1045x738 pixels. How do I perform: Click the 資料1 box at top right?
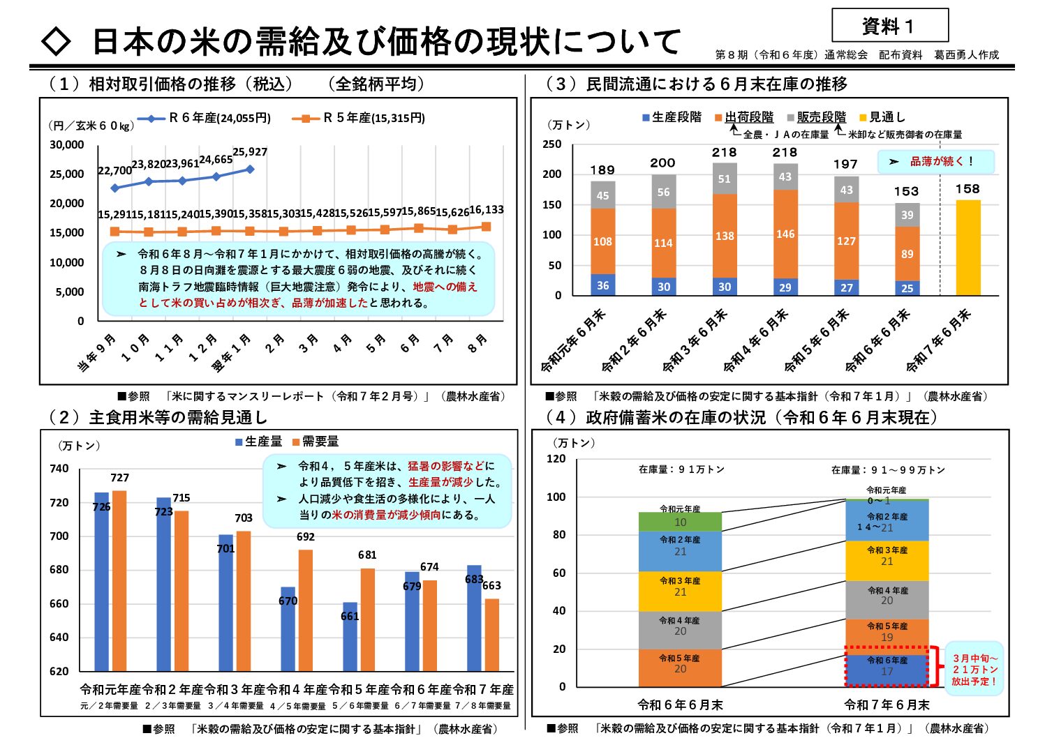pos(889,26)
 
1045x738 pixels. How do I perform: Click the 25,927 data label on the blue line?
pos(250,152)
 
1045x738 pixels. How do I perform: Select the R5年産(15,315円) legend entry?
pos(358,118)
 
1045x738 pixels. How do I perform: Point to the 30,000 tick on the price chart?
pos(67,145)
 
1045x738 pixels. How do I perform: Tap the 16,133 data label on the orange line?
pos(486,210)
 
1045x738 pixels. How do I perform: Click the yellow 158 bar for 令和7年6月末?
pos(968,248)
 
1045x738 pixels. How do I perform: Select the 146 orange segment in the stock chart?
pos(785,234)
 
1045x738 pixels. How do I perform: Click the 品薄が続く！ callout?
pos(935,162)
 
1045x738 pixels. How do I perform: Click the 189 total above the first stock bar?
pos(602,170)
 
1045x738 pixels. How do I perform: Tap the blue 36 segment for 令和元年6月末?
pos(602,285)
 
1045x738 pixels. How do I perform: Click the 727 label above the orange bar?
pos(119,478)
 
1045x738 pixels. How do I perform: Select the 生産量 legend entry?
pos(259,442)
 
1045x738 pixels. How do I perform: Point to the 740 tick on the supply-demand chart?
pos(59,469)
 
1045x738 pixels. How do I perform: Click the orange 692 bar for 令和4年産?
pos(306,610)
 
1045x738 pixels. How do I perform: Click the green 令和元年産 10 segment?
pos(680,522)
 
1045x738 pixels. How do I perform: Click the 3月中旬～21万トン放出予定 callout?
pos(974,670)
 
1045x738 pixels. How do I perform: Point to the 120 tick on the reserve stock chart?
pos(556,459)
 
